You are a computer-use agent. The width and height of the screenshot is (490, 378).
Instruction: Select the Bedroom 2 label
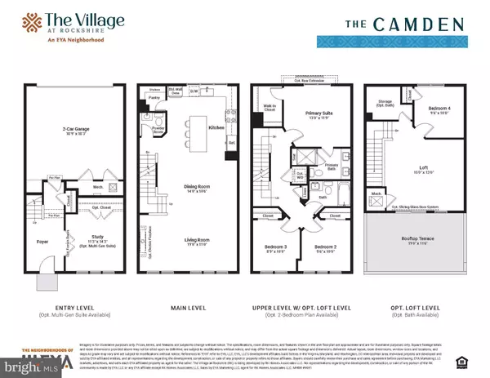(326, 247)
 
